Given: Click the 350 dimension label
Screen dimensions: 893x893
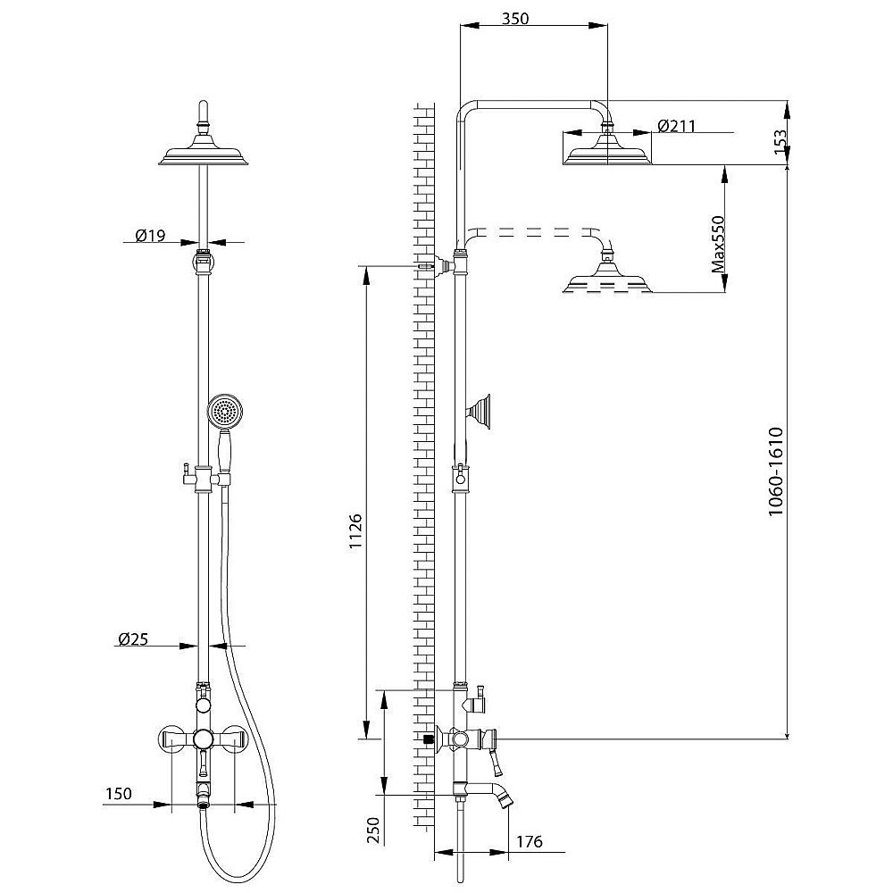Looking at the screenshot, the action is pos(515,19).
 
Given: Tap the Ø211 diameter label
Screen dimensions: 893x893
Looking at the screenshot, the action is pos(676,125).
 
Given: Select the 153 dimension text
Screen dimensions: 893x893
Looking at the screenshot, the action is pos(780,142).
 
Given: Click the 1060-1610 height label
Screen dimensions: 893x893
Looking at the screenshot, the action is pos(776,471).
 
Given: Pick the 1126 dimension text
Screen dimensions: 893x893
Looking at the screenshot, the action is pos(355,531).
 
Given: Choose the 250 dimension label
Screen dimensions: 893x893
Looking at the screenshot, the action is pos(372,830).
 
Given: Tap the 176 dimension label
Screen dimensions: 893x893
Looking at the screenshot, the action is pos(529,841).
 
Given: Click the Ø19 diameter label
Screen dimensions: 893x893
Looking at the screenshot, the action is pos(150,234).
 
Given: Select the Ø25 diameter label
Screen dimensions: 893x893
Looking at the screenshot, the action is pos(133,638).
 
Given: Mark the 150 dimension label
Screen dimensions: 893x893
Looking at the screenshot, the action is pos(119,793).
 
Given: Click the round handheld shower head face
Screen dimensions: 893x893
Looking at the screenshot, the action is pos(225,411).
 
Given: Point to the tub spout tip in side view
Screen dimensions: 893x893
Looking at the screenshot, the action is pos(505,801).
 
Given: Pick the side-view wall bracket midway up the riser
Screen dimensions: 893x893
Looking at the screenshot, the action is pos(479,412).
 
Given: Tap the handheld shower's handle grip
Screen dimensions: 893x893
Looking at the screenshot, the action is pos(225,452).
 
